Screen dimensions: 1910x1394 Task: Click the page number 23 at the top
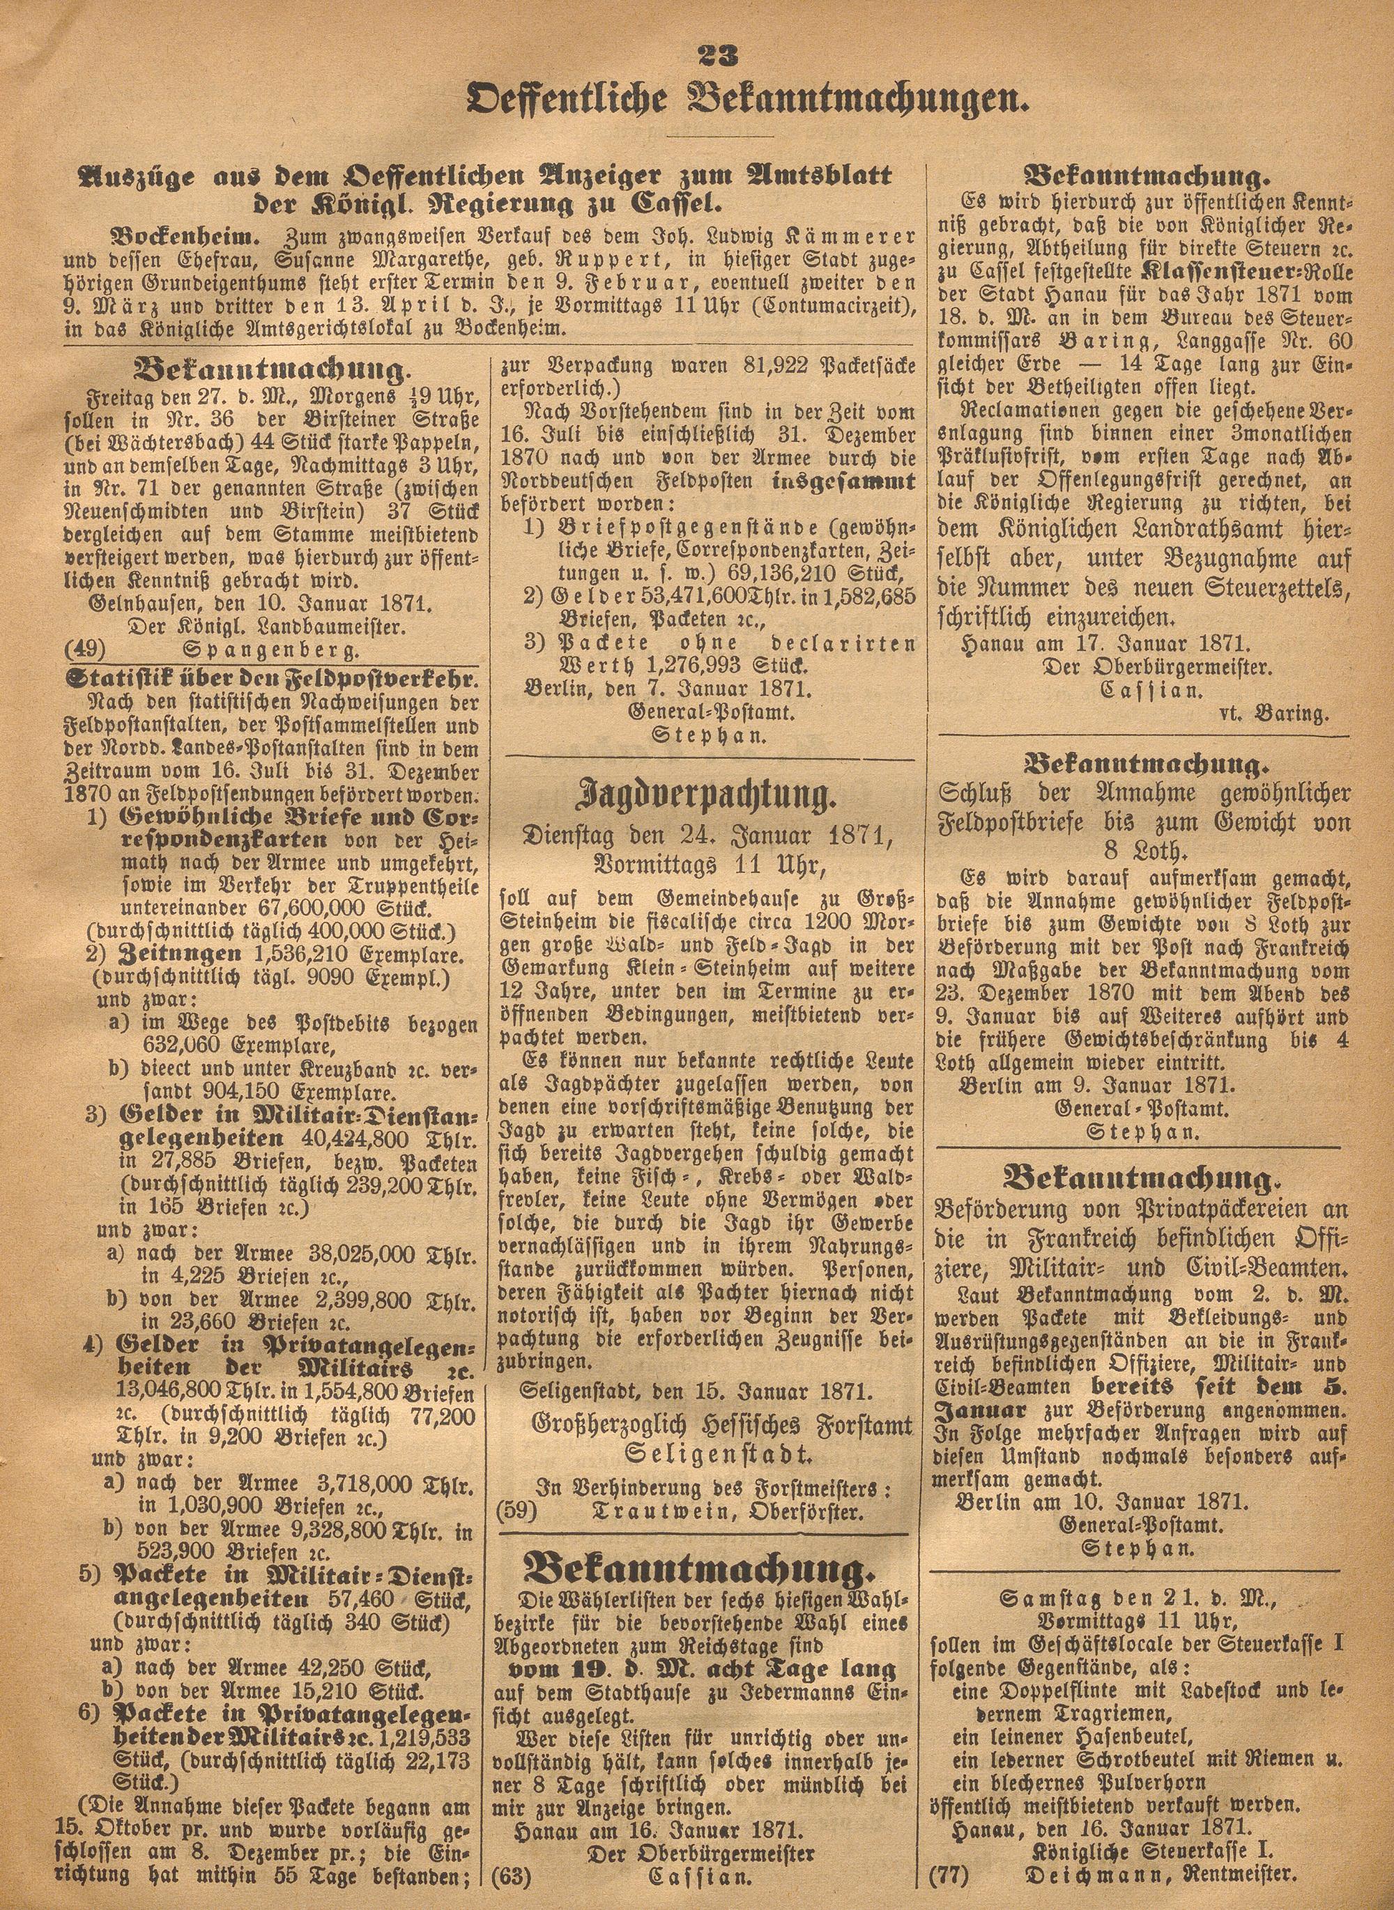tap(719, 57)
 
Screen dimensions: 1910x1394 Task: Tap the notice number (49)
tap(84, 649)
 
